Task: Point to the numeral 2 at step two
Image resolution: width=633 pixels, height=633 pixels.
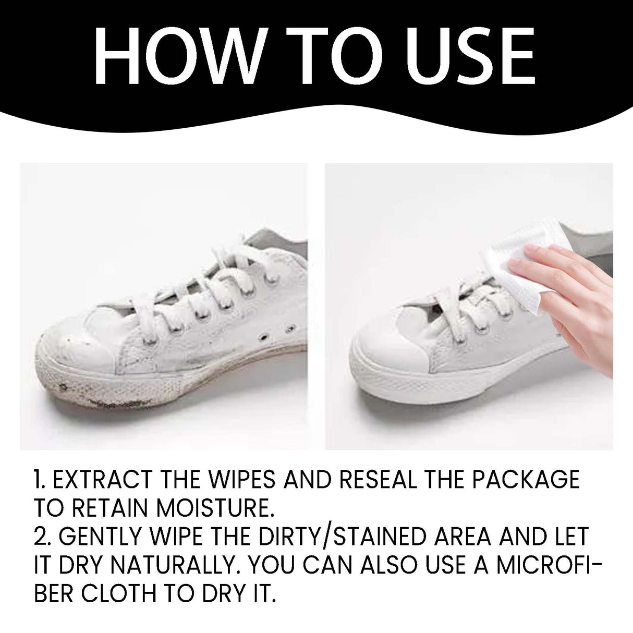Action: coord(41,537)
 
